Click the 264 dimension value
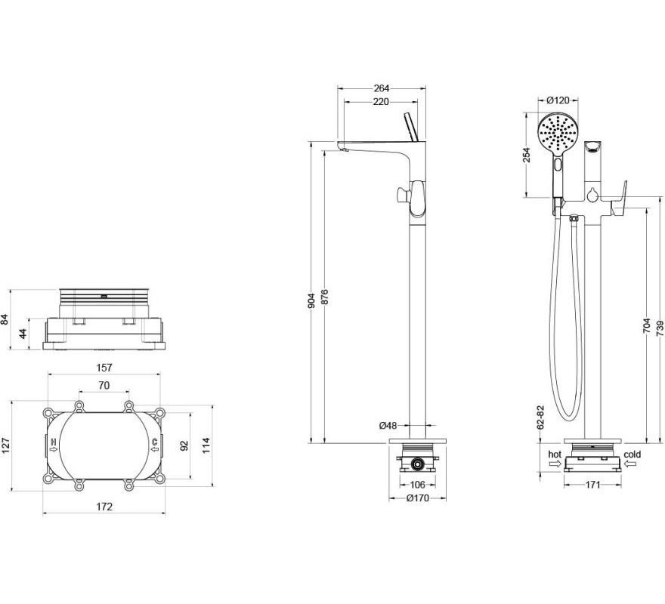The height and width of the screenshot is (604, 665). tap(382, 88)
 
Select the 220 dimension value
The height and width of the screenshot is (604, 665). tap(381, 102)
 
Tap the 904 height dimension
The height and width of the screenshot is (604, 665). tap(311, 300)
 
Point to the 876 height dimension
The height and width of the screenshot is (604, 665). tap(325, 297)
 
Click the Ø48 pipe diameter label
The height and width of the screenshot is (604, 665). tap(388, 425)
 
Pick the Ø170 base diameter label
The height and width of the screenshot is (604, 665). tap(418, 498)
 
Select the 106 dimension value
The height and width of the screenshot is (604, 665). tap(418, 484)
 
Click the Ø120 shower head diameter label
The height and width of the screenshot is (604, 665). tap(558, 100)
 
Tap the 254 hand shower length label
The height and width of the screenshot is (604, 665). tap(526, 155)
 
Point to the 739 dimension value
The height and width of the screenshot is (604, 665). tap(660, 327)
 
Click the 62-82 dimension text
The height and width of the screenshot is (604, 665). tap(540, 418)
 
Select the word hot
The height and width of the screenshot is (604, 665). tap(555, 455)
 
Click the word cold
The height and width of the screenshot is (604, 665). tap(633, 455)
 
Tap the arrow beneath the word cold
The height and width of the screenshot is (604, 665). tap(630, 464)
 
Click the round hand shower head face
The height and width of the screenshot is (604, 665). tap(558, 133)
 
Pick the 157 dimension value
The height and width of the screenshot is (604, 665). tap(104, 368)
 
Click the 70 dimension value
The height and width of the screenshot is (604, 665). tap(104, 385)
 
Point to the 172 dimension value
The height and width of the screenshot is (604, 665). tap(104, 507)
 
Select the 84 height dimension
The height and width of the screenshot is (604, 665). tap(5, 319)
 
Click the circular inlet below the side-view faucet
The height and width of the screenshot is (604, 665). tap(418, 465)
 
